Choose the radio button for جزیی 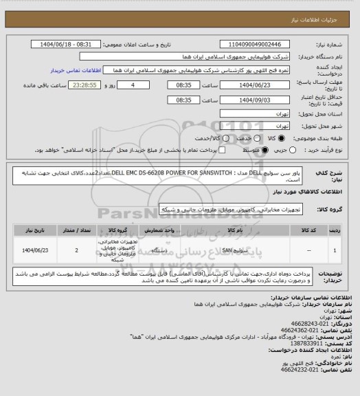(x=295, y=149)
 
